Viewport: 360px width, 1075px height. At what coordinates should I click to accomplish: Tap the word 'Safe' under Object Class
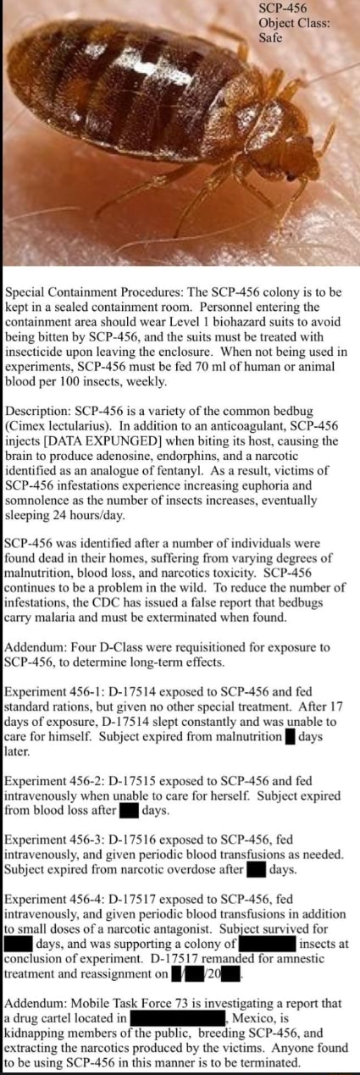pos(270,37)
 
